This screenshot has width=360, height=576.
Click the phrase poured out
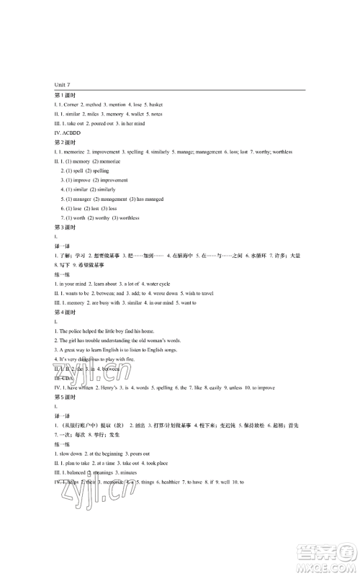(x=109, y=124)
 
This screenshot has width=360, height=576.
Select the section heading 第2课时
(x=65, y=143)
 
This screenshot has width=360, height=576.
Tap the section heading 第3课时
(x=65, y=227)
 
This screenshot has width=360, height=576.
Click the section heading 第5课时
(x=65, y=397)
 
